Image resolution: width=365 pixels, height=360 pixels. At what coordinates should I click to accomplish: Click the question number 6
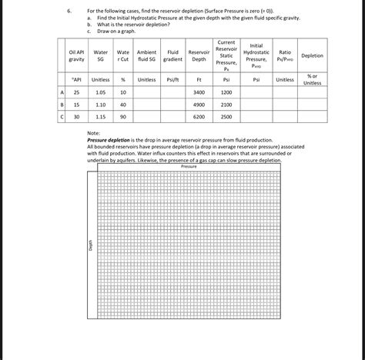click(x=69, y=11)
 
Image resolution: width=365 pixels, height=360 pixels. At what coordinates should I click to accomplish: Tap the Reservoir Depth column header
click(x=199, y=55)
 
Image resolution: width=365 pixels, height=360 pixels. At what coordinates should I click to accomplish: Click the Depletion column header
click(x=312, y=55)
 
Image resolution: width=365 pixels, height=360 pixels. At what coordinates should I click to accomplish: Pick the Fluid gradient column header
click(x=172, y=55)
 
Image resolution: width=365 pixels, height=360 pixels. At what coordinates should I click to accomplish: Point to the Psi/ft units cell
click(x=172, y=79)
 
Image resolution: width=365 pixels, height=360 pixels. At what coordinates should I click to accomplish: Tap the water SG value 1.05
click(x=100, y=92)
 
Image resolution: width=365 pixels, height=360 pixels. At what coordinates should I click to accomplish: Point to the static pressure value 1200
click(x=226, y=92)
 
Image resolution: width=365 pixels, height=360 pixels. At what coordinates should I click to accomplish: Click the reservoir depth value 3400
click(x=199, y=92)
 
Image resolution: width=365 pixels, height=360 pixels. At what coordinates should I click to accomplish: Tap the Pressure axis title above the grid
click(x=189, y=166)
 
